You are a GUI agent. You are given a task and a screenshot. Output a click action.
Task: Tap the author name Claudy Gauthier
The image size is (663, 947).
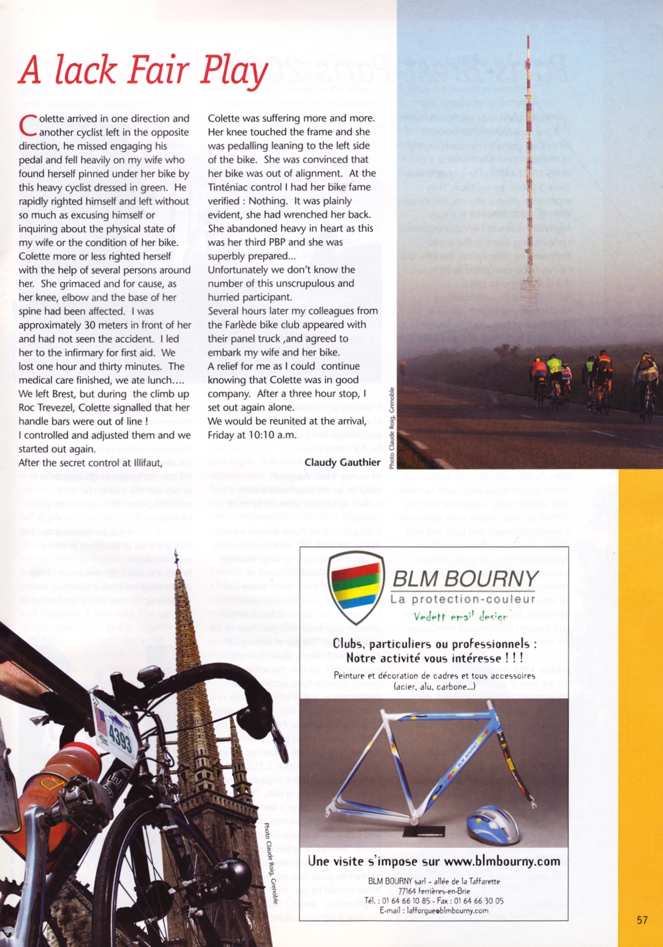[x=342, y=462]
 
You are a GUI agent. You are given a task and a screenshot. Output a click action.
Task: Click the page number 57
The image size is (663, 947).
[x=642, y=919]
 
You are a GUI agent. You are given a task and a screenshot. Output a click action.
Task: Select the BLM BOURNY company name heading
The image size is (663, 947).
[x=466, y=579]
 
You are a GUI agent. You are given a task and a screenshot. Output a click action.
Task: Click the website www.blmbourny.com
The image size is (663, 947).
[x=502, y=861]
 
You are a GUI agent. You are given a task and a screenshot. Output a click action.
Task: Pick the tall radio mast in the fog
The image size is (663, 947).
[x=528, y=175]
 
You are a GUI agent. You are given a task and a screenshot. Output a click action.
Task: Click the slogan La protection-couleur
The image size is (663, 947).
[x=463, y=600]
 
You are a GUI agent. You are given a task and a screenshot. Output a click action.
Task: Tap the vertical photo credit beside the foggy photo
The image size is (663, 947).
[x=391, y=428]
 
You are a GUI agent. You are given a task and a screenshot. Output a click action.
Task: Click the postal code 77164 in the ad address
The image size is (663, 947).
[x=407, y=891]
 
